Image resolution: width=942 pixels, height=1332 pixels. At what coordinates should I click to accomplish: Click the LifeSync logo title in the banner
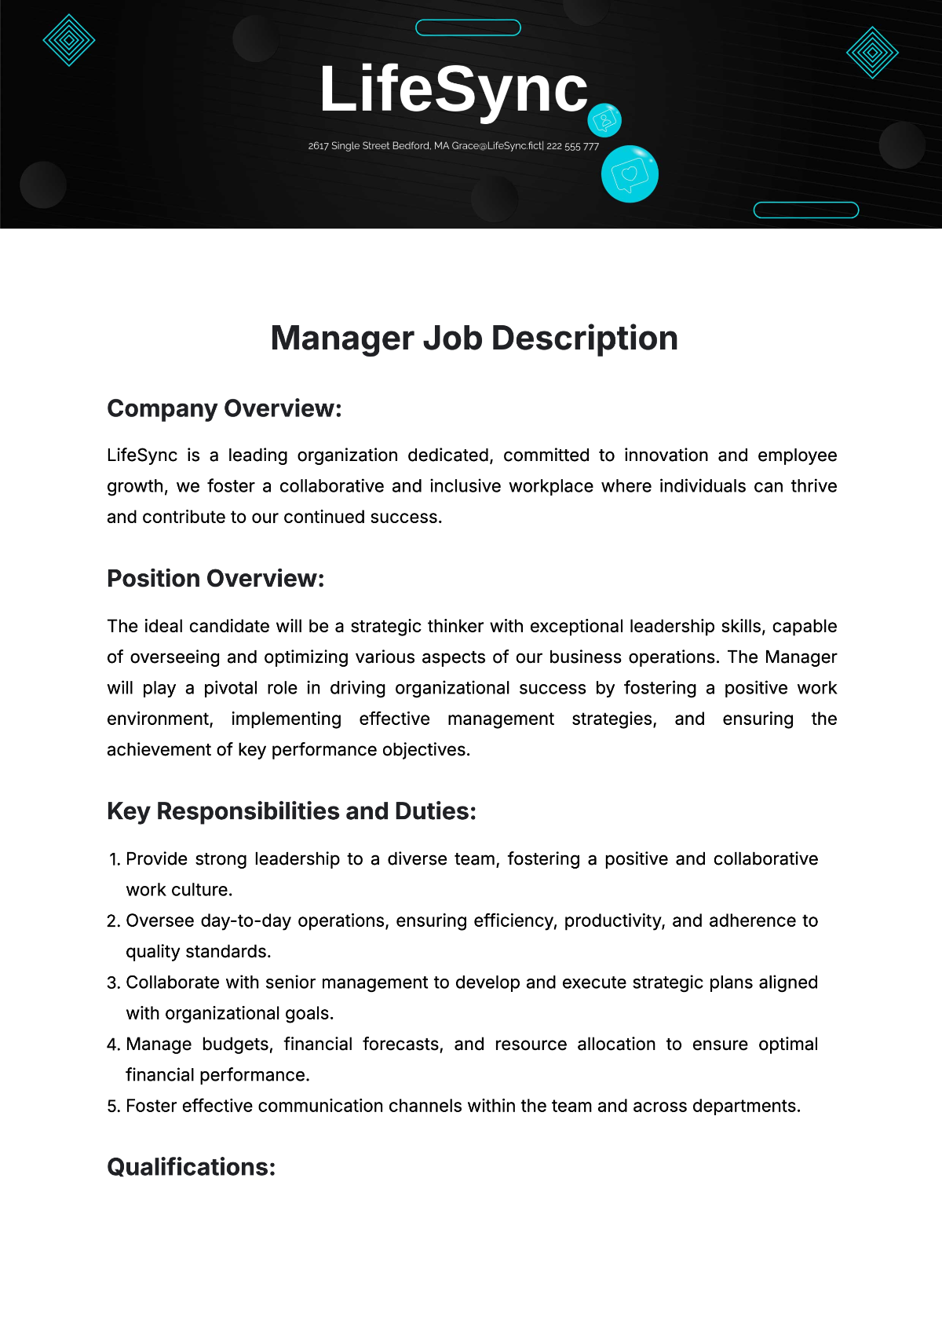(x=454, y=90)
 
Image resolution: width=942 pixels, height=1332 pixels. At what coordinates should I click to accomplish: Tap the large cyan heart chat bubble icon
(x=630, y=174)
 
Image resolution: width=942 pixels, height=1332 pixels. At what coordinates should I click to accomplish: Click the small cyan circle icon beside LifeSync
(x=604, y=120)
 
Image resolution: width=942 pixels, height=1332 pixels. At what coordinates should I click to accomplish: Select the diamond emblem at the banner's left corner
(x=69, y=40)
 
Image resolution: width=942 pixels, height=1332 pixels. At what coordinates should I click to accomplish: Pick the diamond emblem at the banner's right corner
(x=872, y=53)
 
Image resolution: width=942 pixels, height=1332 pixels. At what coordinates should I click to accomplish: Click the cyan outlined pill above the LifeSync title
(x=468, y=28)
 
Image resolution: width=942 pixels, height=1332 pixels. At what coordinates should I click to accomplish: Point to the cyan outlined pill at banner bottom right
(x=805, y=210)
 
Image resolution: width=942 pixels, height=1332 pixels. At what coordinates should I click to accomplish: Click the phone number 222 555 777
(x=572, y=146)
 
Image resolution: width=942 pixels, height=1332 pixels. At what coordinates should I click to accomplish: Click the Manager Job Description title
(x=474, y=338)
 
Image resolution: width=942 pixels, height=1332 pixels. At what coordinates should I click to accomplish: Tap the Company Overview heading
(x=225, y=408)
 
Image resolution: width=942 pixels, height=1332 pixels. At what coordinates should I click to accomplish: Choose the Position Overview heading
(x=216, y=579)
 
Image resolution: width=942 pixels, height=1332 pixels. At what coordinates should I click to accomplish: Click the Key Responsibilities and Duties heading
(x=291, y=811)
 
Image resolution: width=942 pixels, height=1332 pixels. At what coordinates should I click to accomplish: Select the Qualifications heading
(x=192, y=1167)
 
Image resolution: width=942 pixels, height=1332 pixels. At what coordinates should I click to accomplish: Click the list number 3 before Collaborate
(x=113, y=983)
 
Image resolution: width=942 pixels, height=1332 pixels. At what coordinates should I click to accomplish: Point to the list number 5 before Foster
(x=113, y=1107)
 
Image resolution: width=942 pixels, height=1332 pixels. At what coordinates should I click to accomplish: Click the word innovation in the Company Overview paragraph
(x=666, y=456)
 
